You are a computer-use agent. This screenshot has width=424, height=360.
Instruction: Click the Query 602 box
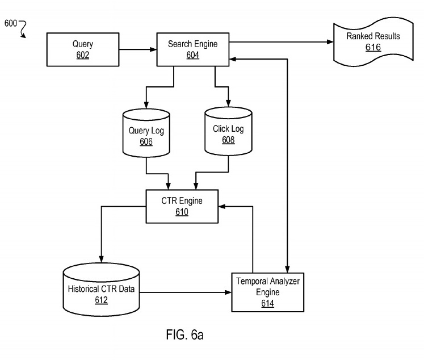pyautogui.click(x=83, y=49)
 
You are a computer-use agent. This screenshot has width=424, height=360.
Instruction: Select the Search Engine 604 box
pyautogui.click(x=193, y=49)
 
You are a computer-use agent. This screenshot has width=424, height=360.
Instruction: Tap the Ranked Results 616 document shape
pyautogui.click(x=373, y=42)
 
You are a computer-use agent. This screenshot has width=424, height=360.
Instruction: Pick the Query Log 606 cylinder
pyautogui.click(x=146, y=133)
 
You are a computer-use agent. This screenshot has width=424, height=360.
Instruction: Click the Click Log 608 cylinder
pyautogui.click(x=229, y=131)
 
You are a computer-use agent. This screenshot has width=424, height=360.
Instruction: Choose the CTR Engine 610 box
pyautogui.click(x=182, y=206)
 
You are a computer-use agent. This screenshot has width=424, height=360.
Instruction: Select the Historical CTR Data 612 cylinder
pyautogui.click(x=101, y=290)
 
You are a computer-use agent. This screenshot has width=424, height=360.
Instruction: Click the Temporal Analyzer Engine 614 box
pyautogui.click(x=268, y=292)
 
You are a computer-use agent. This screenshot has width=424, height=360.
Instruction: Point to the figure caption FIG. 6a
pyautogui.click(x=184, y=335)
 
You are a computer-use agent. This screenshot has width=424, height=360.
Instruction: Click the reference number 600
pyautogui.click(x=11, y=23)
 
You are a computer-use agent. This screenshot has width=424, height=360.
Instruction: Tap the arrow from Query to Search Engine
pyautogui.click(x=138, y=49)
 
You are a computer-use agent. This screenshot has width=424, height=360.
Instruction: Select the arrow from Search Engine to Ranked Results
pyautogui.click(x=281, y=42)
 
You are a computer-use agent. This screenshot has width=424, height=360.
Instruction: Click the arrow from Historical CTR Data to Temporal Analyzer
pyautogui.click(x=186, y=292)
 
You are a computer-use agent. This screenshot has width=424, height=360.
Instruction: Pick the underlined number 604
pyautogui.click(x=193, y=55)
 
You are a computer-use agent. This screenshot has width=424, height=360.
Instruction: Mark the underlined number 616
pyautogui.click(x=373, y=47)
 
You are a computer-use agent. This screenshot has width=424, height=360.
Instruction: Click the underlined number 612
pyautogui.click(x=101, y=300)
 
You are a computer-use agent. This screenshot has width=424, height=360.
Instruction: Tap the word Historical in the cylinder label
pyautogui.click(x=83, y=289)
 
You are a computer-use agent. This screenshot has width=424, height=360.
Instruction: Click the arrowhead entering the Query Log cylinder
pyautogui.click(x=146, y=105)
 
